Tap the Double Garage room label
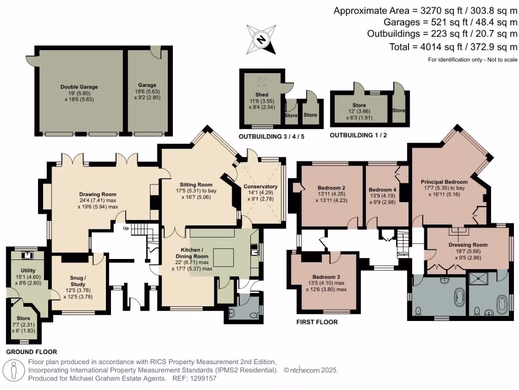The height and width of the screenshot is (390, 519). pos(79,87)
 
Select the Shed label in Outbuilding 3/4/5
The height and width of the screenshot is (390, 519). pos(262,94)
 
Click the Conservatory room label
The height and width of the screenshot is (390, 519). pos(261,186)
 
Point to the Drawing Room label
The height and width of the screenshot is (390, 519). pos(97,194)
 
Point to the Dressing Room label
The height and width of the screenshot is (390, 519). pos(468,245)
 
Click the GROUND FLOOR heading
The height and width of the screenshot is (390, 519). pos(31,351)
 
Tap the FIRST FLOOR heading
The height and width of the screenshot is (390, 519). pos(317,322)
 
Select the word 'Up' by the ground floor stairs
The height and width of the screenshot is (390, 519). pos(125,228)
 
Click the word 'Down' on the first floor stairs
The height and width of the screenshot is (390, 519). pos(402,254)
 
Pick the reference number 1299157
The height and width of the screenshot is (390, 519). pos(202,378)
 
